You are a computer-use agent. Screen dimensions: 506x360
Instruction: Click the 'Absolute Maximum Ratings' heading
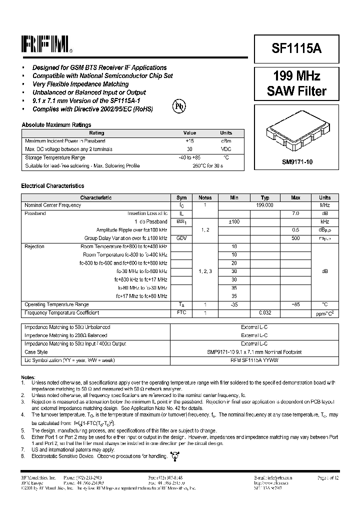point(56,125)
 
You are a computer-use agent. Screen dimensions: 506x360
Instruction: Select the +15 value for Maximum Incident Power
point(189,141)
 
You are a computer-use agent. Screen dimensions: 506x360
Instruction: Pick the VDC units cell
point(226,149)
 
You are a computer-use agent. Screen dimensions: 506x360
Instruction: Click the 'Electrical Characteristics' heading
point(52,186)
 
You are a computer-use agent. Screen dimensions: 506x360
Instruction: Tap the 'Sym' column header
point(181,197)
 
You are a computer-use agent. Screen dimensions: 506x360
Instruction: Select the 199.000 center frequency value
point(264,205)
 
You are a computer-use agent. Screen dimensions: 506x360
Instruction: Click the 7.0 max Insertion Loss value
point(295,213)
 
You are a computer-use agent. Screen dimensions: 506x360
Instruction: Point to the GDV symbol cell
point(181,238)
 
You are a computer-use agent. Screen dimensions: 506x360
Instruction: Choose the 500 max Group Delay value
point(295,238)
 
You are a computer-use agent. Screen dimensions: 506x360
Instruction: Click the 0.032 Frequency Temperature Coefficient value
point(264,312)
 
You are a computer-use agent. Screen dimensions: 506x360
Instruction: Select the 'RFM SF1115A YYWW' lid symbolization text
point(254,360)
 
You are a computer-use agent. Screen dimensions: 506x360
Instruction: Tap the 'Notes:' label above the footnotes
point(28,377)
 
